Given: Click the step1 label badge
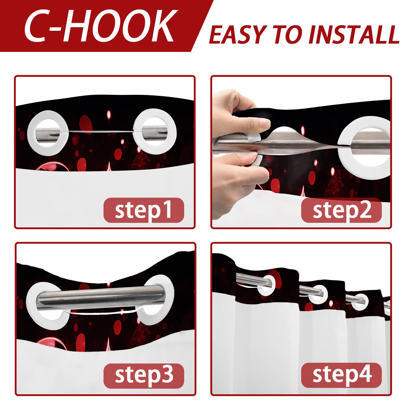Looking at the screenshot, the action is [x=144, y=210].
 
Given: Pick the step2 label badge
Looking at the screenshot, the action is [x=341, y=210].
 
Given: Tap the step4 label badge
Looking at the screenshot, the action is [x=341, y=375].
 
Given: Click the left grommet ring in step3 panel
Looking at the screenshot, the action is [x=31, y=305].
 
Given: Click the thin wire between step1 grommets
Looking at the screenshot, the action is [x=100, y=132].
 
